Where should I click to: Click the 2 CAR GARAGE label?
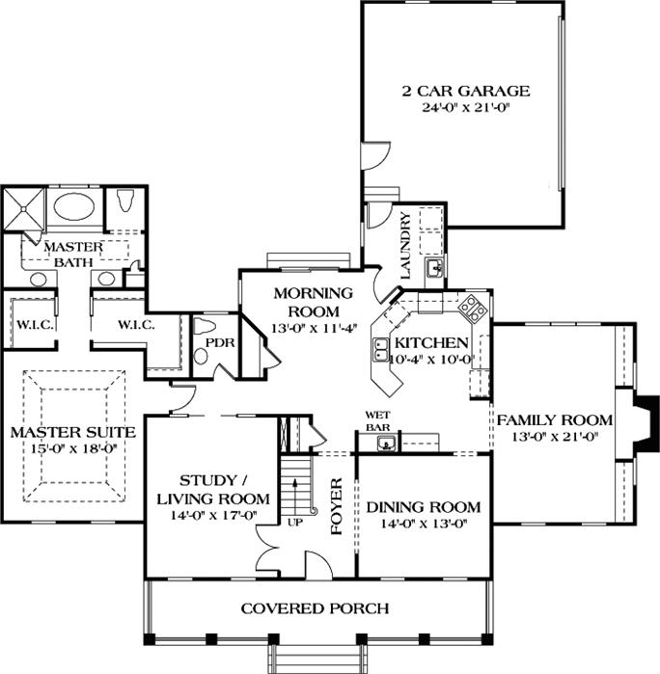pos(466,92)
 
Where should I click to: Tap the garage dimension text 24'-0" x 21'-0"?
pos(466,108)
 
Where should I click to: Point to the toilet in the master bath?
pos(124,205)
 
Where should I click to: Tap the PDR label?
pos(214,341)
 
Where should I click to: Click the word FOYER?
pos(338,506)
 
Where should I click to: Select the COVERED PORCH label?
pos(315,608)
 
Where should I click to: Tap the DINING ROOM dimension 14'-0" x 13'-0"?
pos(422,526)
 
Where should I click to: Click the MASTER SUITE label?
pos(71,432)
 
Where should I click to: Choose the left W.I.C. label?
pos(34,325)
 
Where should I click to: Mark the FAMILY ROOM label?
pos(554,419)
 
